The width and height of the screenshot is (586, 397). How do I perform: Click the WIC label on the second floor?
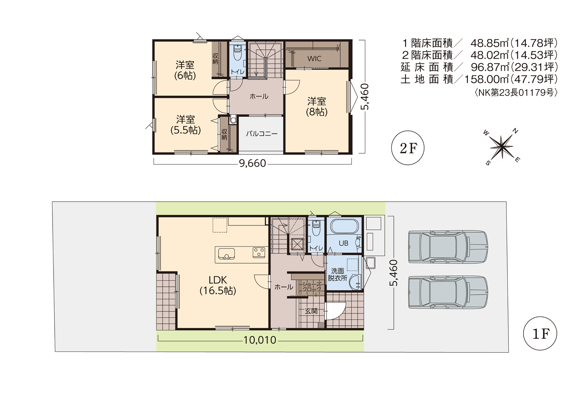(x=314, y=59)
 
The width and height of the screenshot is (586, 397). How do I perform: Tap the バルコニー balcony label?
(x=262, y=134)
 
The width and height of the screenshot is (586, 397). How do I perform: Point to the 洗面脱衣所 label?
(x=337, y=274)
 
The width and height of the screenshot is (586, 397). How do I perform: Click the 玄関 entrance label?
(x=311, y=311)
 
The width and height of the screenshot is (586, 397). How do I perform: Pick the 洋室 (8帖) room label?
(x=317, y=106)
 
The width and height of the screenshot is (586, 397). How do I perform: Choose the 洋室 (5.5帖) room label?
(x=185, y=125)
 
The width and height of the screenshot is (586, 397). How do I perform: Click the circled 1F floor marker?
(x=540, y=333)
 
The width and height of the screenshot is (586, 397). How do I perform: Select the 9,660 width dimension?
(x=252, y=164)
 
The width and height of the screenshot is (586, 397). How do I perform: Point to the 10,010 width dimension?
(x=260, y=340)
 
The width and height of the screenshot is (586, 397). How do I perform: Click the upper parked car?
(x=448, y=247)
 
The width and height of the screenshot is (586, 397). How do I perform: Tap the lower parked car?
(x=448, y=292)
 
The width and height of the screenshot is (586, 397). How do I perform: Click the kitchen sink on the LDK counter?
(x=226, y=254)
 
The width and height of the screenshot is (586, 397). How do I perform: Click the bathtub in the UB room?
(x=344, y=226)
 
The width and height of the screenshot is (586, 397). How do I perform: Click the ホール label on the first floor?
(x=284, y=287)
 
